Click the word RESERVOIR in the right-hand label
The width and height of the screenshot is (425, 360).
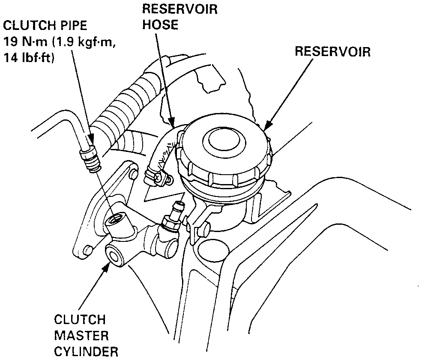click(332, 52)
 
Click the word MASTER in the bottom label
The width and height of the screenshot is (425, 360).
click(81, 335)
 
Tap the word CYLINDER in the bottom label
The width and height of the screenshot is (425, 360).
click(86, 351)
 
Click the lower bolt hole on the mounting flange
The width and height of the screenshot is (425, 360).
click(88, 249)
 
